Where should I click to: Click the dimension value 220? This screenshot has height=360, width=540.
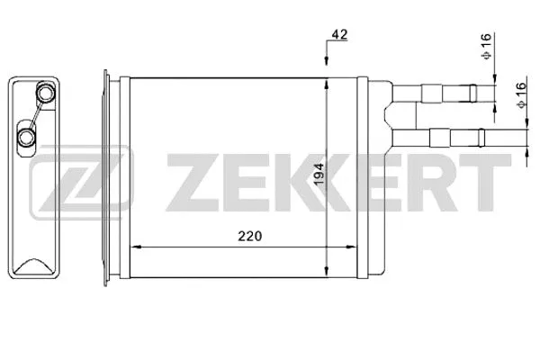[x=249, y=237]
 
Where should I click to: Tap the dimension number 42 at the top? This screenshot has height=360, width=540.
[x=338, y=34]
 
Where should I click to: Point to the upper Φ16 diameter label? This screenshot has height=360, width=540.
[x=485, y=44]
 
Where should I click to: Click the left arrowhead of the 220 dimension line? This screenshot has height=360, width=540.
[x=137, y=246]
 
